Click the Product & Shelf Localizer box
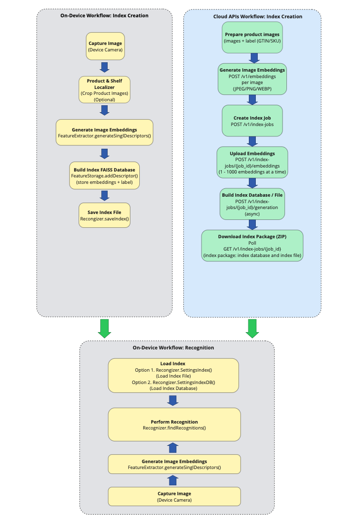105,89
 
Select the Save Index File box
104,215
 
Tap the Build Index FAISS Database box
104,175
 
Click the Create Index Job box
252,121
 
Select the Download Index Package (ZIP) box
252,246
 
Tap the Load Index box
173,376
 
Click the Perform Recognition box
174,425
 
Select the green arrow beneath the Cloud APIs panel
252,329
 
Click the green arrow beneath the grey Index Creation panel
104,329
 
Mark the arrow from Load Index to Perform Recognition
173,400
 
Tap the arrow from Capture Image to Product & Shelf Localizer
105,67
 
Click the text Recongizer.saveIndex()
104,218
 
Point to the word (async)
252,215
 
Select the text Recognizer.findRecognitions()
174,428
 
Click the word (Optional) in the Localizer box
105,99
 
